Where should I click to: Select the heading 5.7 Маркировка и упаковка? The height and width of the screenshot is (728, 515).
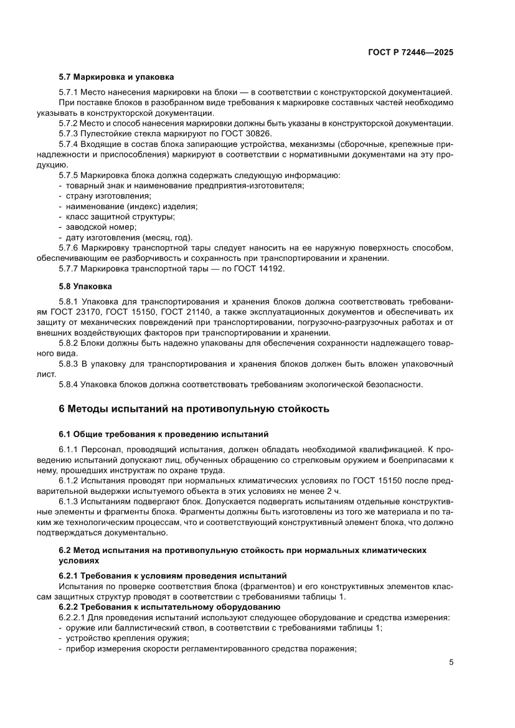tap(116, 77)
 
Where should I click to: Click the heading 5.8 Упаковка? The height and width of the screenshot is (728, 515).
tap(85, 286)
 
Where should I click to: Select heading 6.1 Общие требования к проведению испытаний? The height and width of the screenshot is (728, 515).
tap(163, 433)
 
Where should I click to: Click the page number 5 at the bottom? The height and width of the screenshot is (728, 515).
tap(451, 662)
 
